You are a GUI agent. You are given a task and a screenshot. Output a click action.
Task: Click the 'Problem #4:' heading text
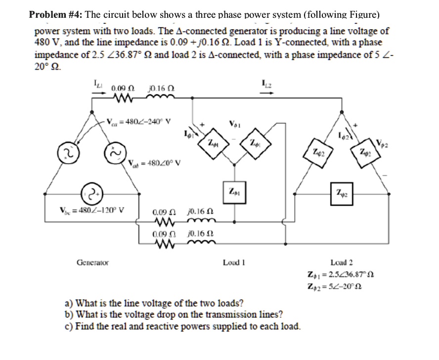(x=54, y=14)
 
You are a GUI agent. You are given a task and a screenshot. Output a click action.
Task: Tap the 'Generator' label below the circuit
(x=92, y=262)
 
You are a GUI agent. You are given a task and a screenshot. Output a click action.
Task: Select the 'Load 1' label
(x=235, y=262)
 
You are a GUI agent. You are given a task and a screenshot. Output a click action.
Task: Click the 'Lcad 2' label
(x=342, y=262)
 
